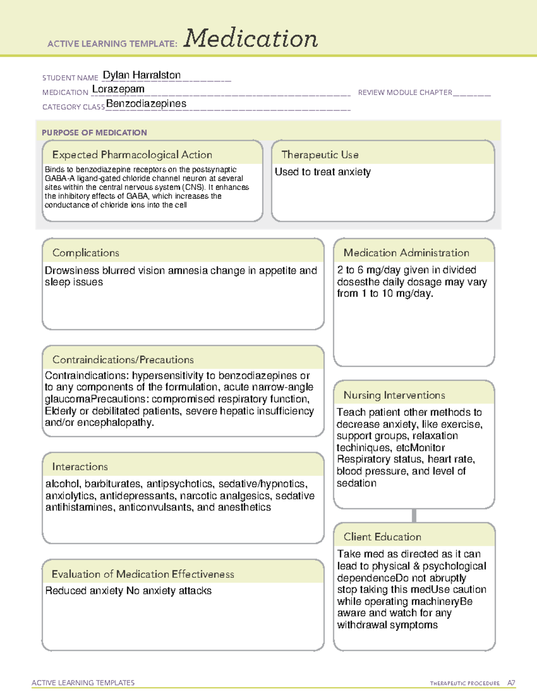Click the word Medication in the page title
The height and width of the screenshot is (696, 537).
click(x=251, y=39)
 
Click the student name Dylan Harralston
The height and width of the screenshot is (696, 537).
click(x=141, y=75)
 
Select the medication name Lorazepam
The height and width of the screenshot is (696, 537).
click(x=118, y=89)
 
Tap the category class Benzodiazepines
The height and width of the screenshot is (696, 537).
click(x=146, y=104)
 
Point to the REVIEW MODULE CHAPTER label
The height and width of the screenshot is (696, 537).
click(x=405, y=92)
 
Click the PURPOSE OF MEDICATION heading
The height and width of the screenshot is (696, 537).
click(x=94, y=133)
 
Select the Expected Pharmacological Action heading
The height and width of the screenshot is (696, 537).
click(x=132, y=155)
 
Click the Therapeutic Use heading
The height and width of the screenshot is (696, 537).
click(x=320, y=155)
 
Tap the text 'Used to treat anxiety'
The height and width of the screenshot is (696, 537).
click(x=323, y=172)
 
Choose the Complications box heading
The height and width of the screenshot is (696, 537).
click(x=85, y=253)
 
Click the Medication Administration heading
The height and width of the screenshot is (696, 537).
click(x=406, y=253)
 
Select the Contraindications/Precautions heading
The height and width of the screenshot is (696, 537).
click(x=123, y=359)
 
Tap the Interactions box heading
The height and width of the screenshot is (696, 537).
click(x=80, y=467)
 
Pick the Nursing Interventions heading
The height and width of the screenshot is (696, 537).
click(x=394, y=395)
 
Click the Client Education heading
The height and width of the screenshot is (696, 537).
click(x=382, y=536)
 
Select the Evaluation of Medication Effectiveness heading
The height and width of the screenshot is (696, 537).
click(x=143, y=574)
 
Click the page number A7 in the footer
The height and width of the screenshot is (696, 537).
click(x=511, y=683)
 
